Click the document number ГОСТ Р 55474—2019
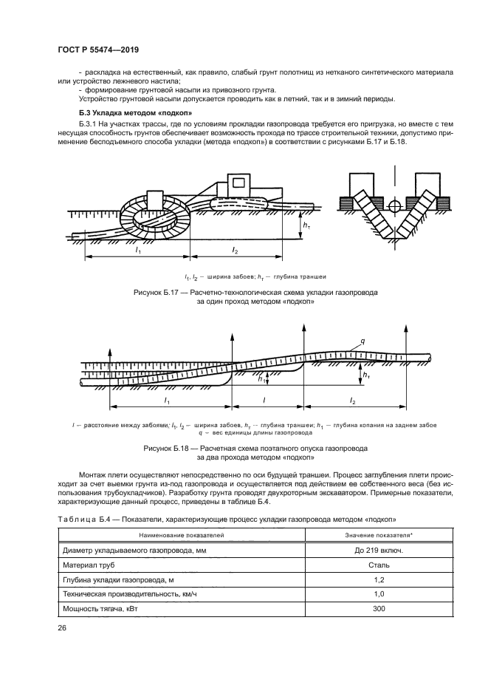98,50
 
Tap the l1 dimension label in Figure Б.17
137,251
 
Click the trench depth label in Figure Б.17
308,222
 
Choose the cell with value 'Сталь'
378,564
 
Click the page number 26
62,627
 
